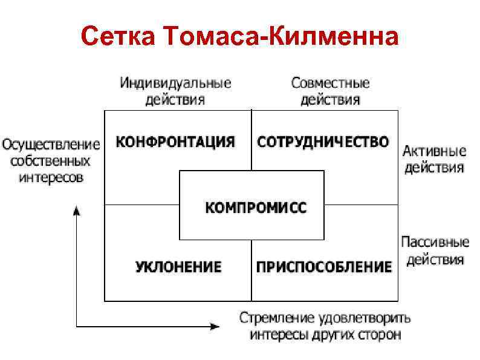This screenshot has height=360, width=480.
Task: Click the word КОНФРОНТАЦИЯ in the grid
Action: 175,142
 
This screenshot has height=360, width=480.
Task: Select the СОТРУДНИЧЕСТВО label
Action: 323,142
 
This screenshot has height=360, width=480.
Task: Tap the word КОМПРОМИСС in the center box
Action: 256,208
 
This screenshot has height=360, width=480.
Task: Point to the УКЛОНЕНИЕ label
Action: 178,267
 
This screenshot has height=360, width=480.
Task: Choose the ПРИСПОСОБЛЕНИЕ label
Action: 324,267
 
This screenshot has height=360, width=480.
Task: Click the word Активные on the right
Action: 434,151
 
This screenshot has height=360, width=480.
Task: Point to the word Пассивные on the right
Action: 435,243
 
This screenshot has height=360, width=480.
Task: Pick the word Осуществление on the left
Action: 51,145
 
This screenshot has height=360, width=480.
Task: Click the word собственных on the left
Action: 51,162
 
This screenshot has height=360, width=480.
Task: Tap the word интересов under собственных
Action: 51,178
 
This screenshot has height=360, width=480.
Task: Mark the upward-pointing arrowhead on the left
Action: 77,210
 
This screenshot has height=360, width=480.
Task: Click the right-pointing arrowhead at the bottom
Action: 215,327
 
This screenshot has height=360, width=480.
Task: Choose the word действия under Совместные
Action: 330,99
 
